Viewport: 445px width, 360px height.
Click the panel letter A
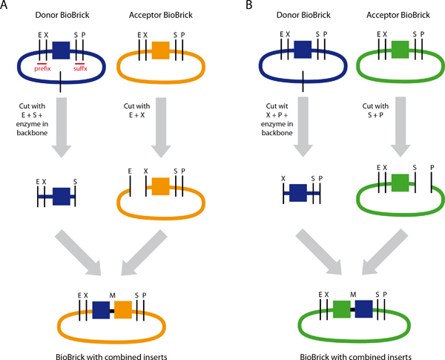[4, 5]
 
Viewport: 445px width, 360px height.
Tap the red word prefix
[47, 68]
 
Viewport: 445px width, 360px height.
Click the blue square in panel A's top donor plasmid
[62, 50]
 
